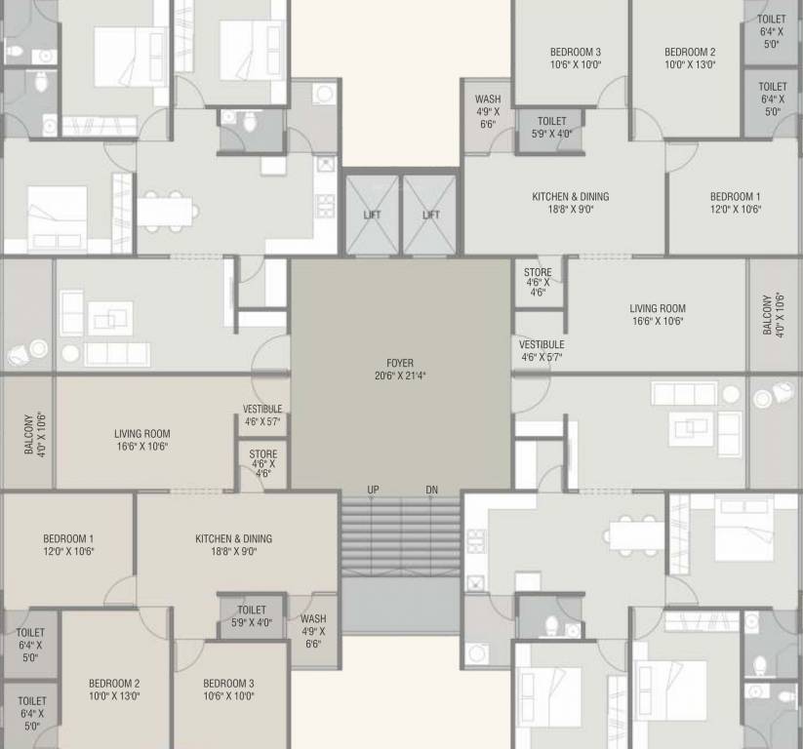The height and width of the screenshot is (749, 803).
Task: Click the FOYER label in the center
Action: point(400,363)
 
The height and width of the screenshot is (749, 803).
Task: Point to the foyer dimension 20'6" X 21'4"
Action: point(400,375)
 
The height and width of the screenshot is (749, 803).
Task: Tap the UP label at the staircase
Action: point(374,490)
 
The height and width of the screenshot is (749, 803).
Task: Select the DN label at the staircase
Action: point(432,490)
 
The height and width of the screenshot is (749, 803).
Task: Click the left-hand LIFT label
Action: point(372,215)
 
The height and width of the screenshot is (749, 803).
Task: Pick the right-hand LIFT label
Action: point(430,215)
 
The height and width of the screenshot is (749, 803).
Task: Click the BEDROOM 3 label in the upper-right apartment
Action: point(575,52)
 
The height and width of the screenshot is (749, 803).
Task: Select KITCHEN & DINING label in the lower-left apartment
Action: point(233,538)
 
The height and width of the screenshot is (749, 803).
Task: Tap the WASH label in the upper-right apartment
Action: point(488,99)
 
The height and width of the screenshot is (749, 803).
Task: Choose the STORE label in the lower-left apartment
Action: point(262,454)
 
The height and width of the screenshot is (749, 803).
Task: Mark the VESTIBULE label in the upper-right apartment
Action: point(542,344)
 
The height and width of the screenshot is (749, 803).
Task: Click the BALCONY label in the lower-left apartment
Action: point(28,433)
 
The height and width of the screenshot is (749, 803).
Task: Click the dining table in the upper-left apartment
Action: point(167,211)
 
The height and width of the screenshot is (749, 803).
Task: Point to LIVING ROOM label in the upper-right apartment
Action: point(657,308)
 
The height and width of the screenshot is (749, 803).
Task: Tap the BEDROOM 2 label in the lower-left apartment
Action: point(114,683)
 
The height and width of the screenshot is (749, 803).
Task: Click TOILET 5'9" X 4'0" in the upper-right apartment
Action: point(551,122)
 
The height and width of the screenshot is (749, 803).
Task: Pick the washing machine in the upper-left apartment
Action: point(324,94)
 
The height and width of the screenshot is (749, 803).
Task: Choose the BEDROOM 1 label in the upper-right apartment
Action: point(735,196)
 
